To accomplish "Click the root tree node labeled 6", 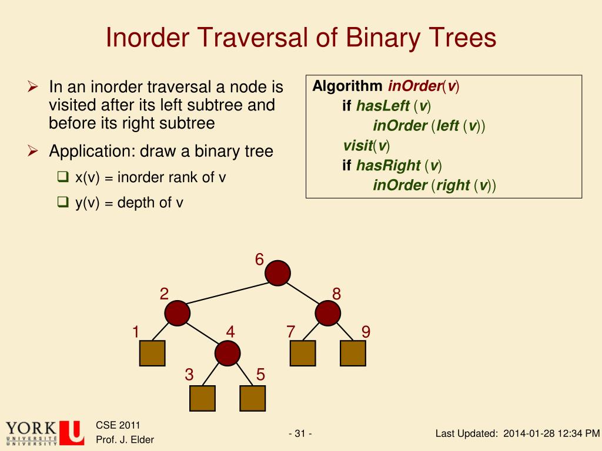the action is [x=277, y=273].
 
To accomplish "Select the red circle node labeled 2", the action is [x=177, y=313].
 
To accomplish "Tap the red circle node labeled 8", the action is [x=327, y=313].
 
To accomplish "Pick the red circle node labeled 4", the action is [x=227, y=353].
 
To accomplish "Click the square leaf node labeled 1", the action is [x=152, y=353].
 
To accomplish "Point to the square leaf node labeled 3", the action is [x=202, y=398].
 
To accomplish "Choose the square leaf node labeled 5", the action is [x=253, y=398].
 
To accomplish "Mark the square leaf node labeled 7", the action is [x=303, y=353].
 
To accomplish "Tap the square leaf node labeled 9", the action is [x=353, y=353].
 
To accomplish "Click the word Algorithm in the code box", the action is [x=347, y=86].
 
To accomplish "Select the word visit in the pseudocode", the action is [x=357, y=146].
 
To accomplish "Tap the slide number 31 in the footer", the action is [x=300, y=434].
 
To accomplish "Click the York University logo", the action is [x=44, y=433].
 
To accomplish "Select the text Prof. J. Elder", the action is [x=125, y=440].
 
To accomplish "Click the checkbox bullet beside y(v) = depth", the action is [x=63, y=203].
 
